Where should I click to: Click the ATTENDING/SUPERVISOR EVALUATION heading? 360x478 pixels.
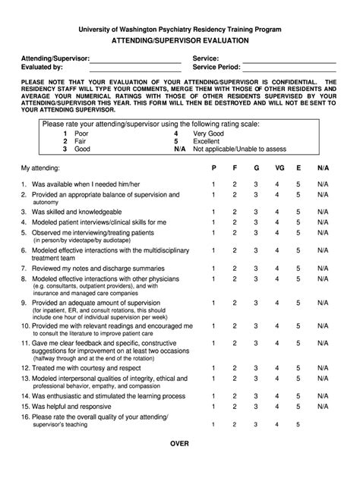pos(180,39)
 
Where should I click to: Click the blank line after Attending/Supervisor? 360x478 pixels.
pos(136,61)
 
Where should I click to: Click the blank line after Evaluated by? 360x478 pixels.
pos(136,69)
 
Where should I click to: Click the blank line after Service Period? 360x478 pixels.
pos(289,69)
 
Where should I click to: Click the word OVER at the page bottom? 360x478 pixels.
pos(180,464)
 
